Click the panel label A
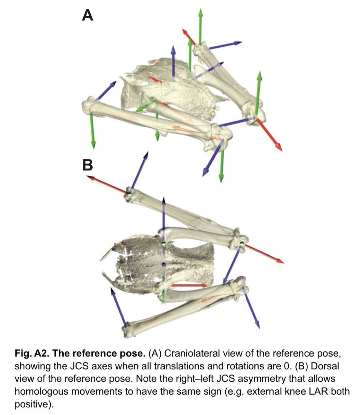[88, 15]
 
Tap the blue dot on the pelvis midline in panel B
[164, 265]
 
